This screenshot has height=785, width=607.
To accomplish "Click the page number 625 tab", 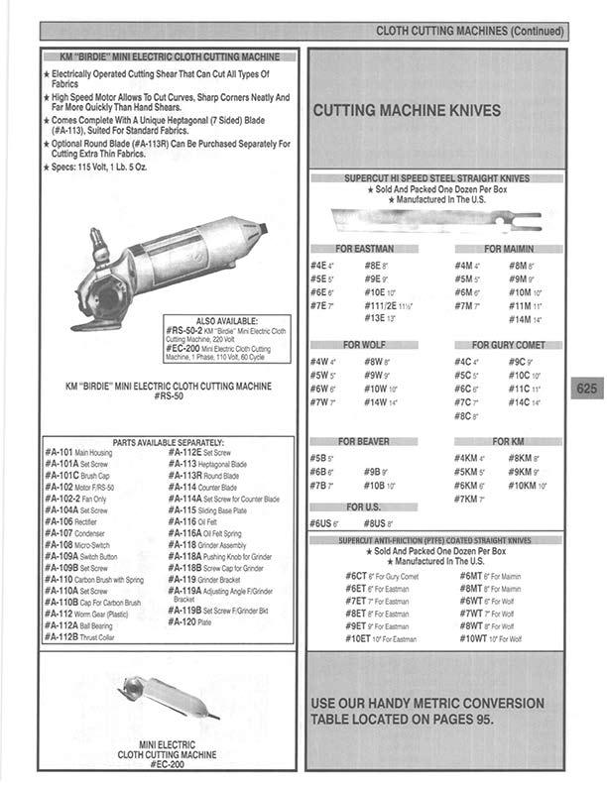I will [586, 390].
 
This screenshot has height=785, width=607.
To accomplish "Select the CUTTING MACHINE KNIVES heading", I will [407, 111].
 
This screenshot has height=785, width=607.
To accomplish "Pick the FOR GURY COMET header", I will [509, 344].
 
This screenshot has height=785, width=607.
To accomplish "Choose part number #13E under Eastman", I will [374, 318].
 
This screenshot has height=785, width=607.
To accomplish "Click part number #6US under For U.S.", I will [320, 522].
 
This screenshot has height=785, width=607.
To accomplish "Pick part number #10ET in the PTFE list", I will [357, 639].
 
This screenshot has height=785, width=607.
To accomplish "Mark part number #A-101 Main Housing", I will [61, 451].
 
